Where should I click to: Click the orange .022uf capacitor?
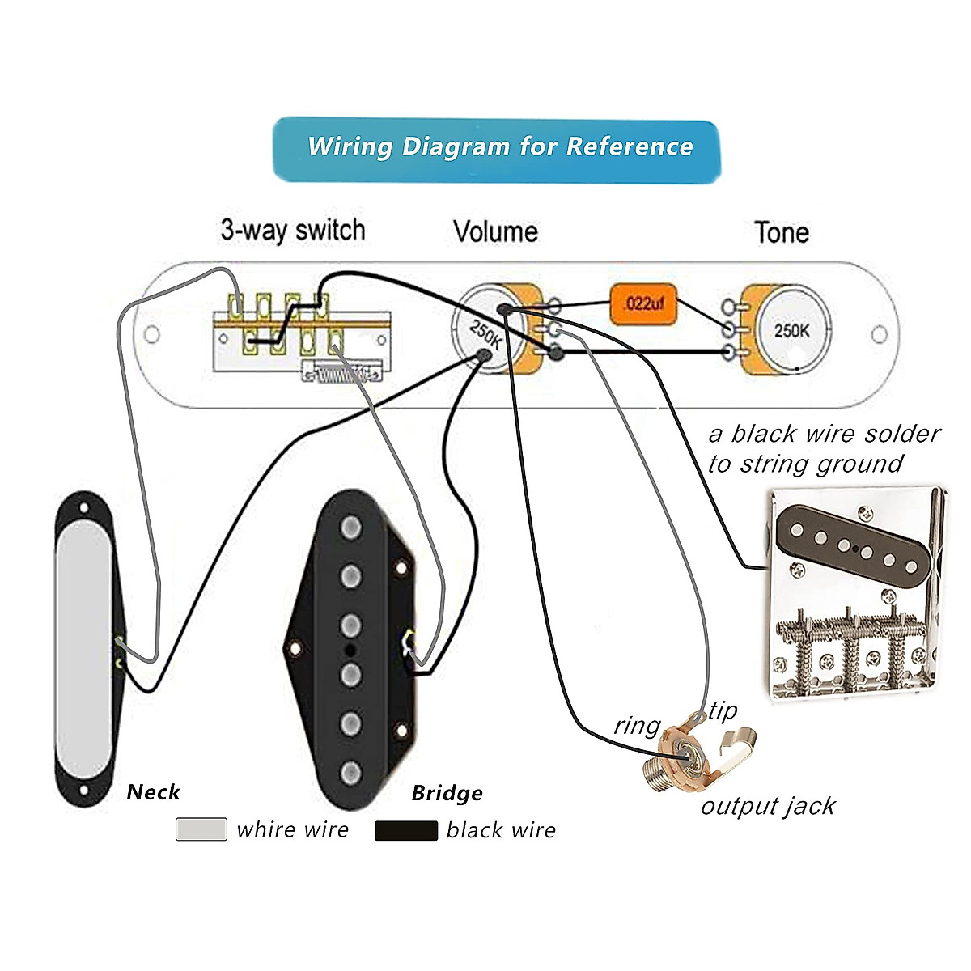[644, 304]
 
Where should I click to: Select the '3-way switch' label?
[293, 231]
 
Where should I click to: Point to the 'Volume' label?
[495, 232]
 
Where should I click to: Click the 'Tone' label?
[782, 233]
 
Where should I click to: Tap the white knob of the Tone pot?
[793, 330]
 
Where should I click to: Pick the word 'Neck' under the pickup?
[153, 792]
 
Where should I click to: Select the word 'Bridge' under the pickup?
[447, 794]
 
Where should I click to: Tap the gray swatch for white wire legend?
[201, 829]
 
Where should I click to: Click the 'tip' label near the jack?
[723, 711]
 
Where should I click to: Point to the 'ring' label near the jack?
[637, 726]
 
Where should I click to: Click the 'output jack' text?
[768, 807]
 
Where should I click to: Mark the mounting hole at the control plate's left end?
[151, 334]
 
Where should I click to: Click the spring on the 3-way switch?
[339, 374]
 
